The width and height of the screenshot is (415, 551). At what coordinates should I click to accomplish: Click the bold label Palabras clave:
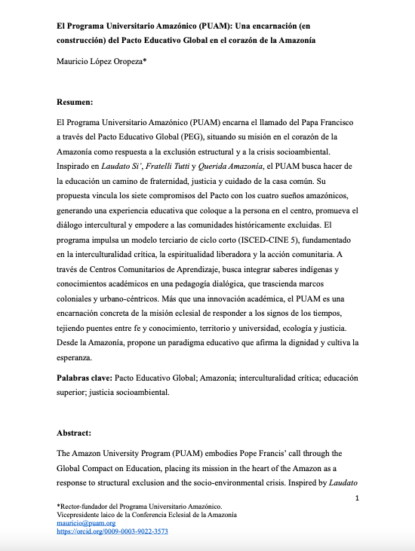(85, 375)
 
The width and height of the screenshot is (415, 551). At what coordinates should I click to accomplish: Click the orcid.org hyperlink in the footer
(112, 531)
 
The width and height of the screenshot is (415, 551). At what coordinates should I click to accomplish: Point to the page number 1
(357, 498)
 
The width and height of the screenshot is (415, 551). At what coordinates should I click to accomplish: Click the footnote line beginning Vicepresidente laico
(146, 514)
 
